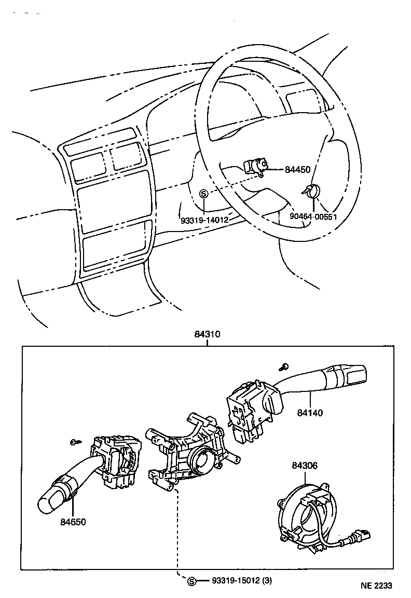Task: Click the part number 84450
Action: [x=298, y=169]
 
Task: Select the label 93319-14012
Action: [x=204, y=220]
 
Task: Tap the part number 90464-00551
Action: [x=313, y=216]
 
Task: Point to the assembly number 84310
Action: [x=208, y=335]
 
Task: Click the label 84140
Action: [x=310, y=413]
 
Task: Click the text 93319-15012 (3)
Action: [x=241, y=580]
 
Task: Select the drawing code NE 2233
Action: [x=377, y=586]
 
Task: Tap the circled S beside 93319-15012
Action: [x=191, y=581]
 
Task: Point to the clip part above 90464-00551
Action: [x=312, y=191]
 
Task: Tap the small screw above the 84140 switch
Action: [x=284, y=366]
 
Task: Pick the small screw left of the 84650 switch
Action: [x=74, y=442]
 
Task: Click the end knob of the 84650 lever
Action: [x=49, y=499]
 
